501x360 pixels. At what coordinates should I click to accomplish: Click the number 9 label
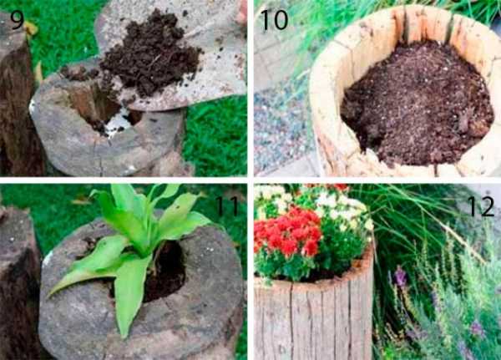coord(17,20)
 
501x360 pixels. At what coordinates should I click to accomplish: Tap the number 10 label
coord(275,20)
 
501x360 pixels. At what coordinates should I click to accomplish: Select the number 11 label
coord(227,205)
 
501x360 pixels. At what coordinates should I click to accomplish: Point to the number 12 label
coord(481,206)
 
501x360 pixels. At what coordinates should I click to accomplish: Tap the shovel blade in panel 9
coord(179,58)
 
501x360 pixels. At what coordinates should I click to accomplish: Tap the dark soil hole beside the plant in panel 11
coord(166,271)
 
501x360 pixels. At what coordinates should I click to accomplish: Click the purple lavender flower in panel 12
coord(399,276)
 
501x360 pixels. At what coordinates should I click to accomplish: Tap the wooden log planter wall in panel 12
coord(313,320)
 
